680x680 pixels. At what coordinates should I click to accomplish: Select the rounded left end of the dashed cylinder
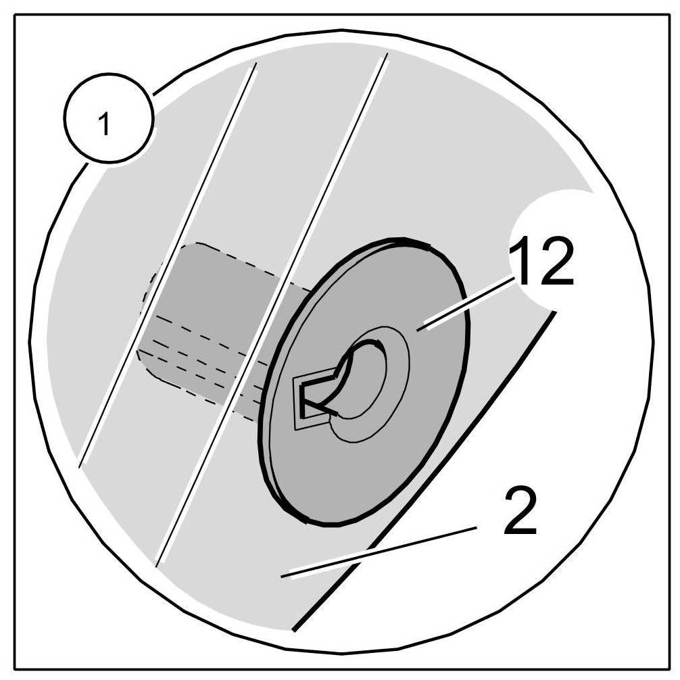tap(145, 311)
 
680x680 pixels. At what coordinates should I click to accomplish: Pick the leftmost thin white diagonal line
tap(169, 264)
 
